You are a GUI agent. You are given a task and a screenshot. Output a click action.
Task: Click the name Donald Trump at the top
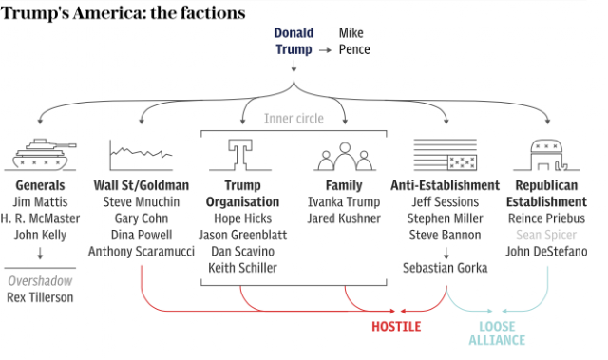point(294,41)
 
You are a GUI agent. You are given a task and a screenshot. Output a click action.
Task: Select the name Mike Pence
point(354,41)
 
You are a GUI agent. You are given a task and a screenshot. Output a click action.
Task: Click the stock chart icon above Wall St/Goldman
point(141,155)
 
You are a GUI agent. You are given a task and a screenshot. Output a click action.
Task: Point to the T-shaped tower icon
point(240,155)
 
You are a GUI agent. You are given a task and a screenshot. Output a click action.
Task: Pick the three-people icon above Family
point(345,157)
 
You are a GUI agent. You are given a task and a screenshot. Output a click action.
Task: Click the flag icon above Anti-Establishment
point(446,155)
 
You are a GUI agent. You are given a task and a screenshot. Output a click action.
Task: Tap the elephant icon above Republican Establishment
point(546,155)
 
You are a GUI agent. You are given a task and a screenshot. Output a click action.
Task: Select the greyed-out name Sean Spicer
point(546,235)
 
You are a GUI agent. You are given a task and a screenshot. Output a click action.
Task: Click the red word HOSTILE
point(396,327)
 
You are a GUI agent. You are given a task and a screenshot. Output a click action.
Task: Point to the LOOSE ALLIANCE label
point(497,332)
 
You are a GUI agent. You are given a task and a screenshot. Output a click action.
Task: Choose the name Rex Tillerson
point(40,297)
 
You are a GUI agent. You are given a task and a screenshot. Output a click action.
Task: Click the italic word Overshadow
point(40,281)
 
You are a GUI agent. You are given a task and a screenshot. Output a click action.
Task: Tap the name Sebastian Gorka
point(445,268)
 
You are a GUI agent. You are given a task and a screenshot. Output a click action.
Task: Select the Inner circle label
point(294,118)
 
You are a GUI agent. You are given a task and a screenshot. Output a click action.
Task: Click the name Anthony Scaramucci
point(142,251)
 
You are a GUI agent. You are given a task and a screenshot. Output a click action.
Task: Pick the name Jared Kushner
point(344,218)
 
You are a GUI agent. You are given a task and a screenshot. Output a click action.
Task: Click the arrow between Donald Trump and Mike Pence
point(325,50)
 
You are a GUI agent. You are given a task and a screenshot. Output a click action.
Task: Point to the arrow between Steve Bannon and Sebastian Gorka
point(446,253)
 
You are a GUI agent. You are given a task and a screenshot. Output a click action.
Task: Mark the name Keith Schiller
point(242,268)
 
